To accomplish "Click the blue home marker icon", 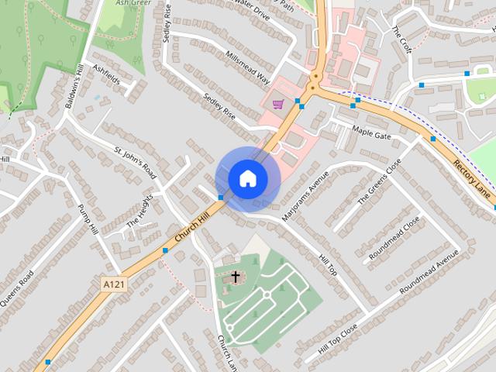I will pos(247,178).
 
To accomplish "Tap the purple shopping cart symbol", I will pos(278,104).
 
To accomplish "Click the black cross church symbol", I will pos(236,277).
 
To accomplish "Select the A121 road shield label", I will pos(114,285).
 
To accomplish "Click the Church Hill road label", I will pos(193,230).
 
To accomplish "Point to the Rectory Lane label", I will pos(473,178).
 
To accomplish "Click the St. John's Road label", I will pos(136,162).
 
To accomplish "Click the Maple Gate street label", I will pos(372,131).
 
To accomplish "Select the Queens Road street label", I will pos(15,289).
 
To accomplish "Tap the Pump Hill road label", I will pos(90,220).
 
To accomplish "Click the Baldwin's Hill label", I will pos(74,87).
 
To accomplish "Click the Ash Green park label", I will pos(132,3).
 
